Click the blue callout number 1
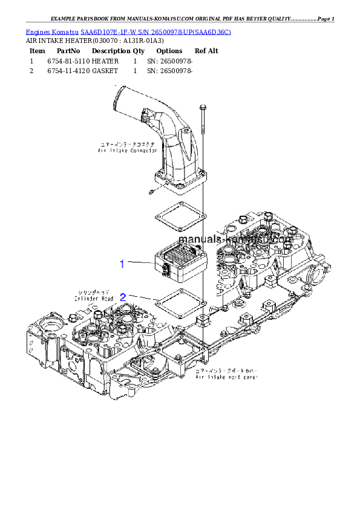click(x=122, y=264)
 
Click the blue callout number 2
click(x=123, y=297)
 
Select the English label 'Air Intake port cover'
click(x=226, y=377)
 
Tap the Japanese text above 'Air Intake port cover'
click(x=226, y=370)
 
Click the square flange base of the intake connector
click(x=180, y=184)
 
